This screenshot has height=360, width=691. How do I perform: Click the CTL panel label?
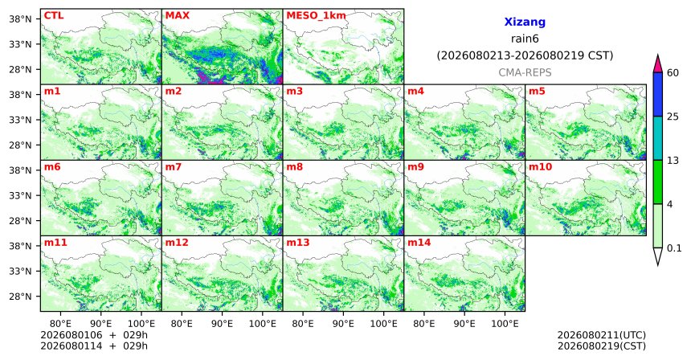[x=54, y=15]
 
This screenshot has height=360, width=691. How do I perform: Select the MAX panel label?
[x=177, y=15]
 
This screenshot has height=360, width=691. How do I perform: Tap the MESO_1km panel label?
[x=316, y=15]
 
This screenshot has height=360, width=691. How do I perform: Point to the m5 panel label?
[x=537, y=92]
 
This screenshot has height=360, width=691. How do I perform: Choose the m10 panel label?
[x=540, y=167]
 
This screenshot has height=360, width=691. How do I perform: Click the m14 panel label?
[x=419, y=243]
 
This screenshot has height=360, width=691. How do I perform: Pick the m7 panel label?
[x=174, y=167]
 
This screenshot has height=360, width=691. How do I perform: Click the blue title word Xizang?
[x=525, y=22]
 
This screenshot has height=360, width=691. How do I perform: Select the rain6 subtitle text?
[x=525, y=39]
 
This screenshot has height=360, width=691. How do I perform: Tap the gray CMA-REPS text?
[x=525, y=72]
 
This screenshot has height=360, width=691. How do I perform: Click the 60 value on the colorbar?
[x=673, y=72]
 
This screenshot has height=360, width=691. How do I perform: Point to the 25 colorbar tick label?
[x=673, y=117]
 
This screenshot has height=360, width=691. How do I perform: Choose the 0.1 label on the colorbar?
[x=674, y=248]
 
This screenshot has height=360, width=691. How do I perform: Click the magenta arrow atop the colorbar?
[x=658, y=64]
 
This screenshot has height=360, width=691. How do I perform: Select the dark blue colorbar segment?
[x=658, y=94]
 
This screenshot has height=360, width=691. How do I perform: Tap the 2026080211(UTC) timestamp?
[x=602, y=336]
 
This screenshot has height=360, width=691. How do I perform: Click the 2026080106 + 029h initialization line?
[x=94, y=335]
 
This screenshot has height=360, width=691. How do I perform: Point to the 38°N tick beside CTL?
[x=20, y=19]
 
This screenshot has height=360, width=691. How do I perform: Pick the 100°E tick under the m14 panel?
[x=505, y=325]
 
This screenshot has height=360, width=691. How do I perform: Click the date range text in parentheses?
[x=525, y=55]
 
